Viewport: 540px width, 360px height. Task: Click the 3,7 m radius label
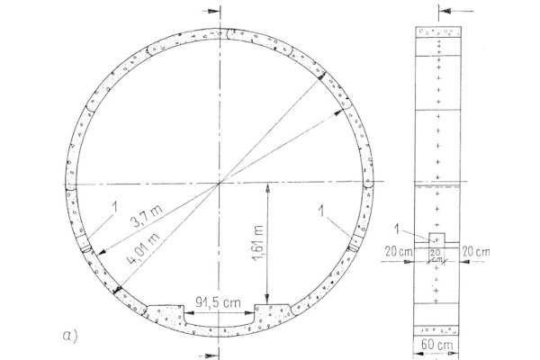click(147, 216)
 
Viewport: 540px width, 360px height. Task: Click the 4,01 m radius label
click(144, 248)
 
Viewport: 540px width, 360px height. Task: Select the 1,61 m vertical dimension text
click(258, 243)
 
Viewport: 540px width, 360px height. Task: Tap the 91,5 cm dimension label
click(219, 302)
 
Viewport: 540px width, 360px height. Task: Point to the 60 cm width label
click(436, 345)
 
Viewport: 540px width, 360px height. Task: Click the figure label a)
click(70, 336)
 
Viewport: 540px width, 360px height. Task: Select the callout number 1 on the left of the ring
click(115, 207)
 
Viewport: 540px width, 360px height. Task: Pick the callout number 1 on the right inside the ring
click(321, 211)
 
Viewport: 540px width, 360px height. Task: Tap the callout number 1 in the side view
click(398, 229)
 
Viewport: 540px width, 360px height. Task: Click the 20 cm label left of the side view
click(399, 251)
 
